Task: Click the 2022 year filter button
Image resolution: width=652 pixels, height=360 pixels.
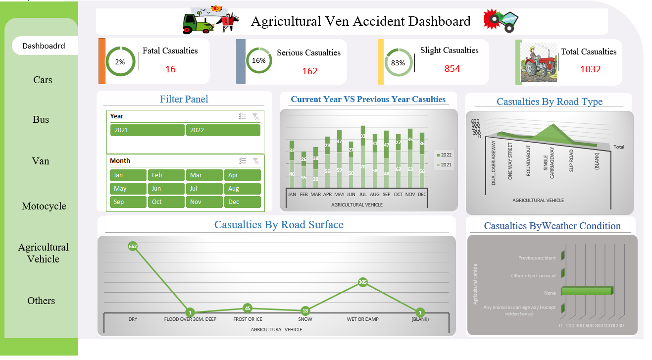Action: click(223, 130)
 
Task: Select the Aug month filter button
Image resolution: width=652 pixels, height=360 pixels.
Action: click(242, 189)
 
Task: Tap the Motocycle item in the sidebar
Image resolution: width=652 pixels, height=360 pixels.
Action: click(44, 206)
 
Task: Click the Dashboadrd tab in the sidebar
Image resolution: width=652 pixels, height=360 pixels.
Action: click(44, 46)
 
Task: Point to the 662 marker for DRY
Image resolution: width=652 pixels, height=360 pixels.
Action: click(133, 246)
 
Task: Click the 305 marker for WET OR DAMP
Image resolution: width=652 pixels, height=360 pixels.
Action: click(363, 282)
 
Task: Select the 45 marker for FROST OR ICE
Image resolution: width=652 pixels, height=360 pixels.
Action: click(248, 308)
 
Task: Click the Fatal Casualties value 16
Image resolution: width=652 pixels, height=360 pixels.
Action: click(170, 69)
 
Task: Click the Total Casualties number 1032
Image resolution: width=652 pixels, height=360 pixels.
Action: click(590, 69)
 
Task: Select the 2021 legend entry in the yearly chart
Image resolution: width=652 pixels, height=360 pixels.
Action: click(444, 164)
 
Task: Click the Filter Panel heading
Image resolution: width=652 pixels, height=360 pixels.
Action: click(184, 99)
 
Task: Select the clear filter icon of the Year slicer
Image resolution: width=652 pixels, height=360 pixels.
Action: click(255, 116)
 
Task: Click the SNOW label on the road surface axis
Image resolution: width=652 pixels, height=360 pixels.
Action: click(305, 319)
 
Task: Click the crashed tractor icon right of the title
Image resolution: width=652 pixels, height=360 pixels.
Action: click(501, 21)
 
